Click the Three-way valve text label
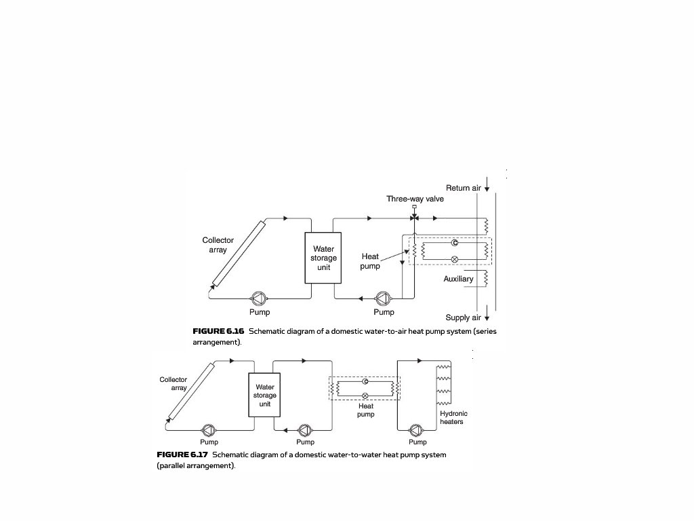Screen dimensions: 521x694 point(415,199)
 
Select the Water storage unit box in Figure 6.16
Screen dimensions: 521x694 point(323,258)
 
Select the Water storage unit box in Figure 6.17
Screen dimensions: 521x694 point(265,395)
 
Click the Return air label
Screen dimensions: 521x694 point(463,188)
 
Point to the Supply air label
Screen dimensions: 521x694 point(463,317)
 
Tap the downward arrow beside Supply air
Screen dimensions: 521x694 point(487,317)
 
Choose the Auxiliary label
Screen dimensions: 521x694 point(458,279)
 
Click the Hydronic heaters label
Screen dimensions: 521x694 point(453,418)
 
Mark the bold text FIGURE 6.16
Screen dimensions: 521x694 point(218,331)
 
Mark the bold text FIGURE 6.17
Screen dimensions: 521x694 point(182,455)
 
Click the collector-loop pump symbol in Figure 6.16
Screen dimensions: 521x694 point(259,298)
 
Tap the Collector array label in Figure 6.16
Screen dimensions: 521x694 point(218,245)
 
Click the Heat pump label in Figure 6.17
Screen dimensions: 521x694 point(366,410)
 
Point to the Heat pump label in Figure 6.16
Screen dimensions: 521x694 point(370,261)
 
